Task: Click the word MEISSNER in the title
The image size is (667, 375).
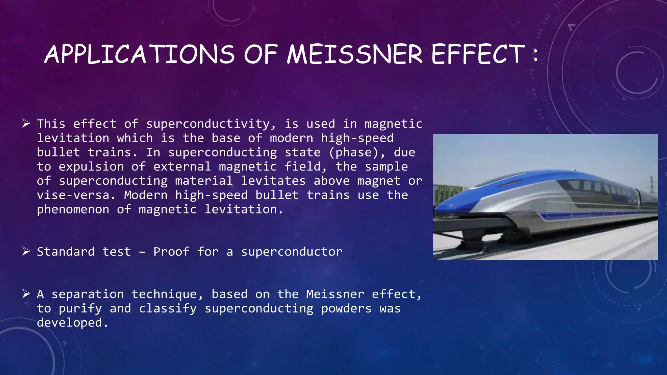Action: (x=355, y=54)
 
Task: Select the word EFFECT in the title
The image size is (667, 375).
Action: (x=478, y=54)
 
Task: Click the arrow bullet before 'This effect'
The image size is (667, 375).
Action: (x=26, y=123)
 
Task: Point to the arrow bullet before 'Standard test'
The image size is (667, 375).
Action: (x=26, y=251)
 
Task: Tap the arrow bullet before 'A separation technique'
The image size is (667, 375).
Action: (x=26, y=294)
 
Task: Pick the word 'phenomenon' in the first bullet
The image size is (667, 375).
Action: (x=73, y=210)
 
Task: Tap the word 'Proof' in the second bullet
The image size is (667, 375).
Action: (x=171, y=252)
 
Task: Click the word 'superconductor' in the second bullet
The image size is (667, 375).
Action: (x=291, y=252)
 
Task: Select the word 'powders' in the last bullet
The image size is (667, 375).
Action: (x=346, y=309)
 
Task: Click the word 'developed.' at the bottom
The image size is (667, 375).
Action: (x=72, y=323)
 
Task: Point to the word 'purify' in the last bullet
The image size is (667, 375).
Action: (x=80, y=309)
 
